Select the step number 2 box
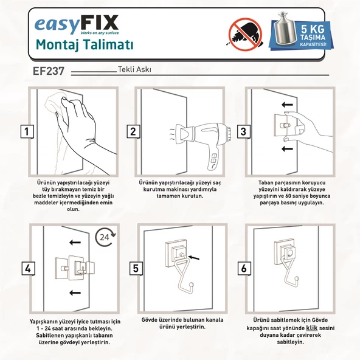point(133,131)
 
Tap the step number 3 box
point(241,131)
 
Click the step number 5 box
point(135,268)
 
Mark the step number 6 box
point(243,268)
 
